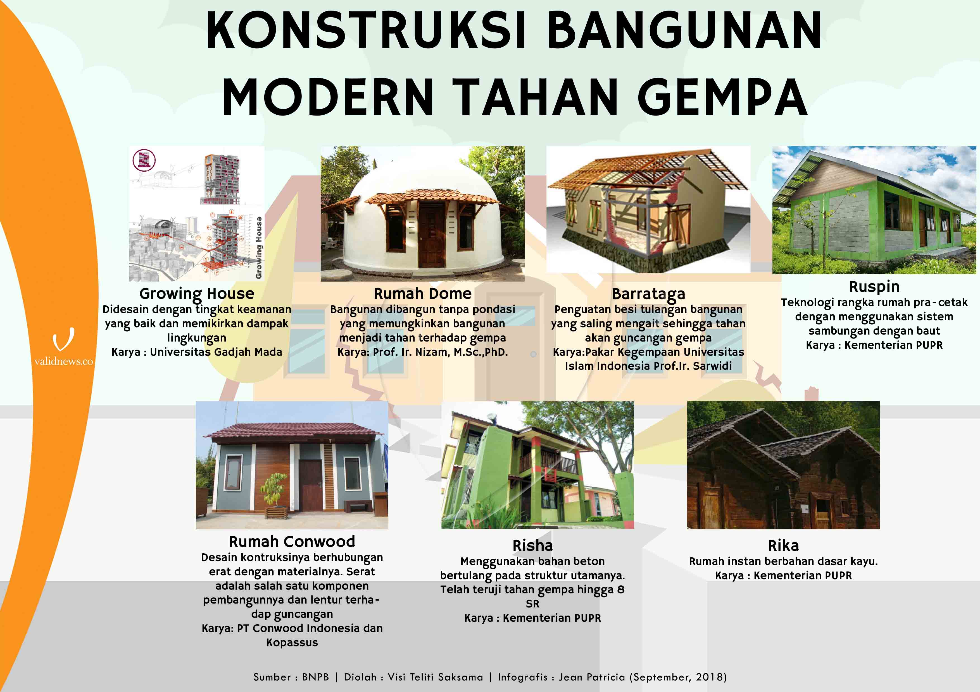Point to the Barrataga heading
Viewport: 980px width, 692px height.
(x=648, y=294)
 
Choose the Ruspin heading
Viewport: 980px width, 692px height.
(x=874, y=287)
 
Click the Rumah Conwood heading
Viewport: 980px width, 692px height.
(x=292, y=542)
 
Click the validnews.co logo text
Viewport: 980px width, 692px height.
(x=64, y=362)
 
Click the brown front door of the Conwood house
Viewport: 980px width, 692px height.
(x=310, y=486)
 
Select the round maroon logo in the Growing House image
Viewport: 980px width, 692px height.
(x=144, y=160)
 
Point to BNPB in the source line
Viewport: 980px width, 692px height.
(x=315, y=677)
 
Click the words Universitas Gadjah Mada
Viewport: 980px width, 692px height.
(x=216, y=352)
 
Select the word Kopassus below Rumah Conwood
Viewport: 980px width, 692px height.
(x=292, y=643)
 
